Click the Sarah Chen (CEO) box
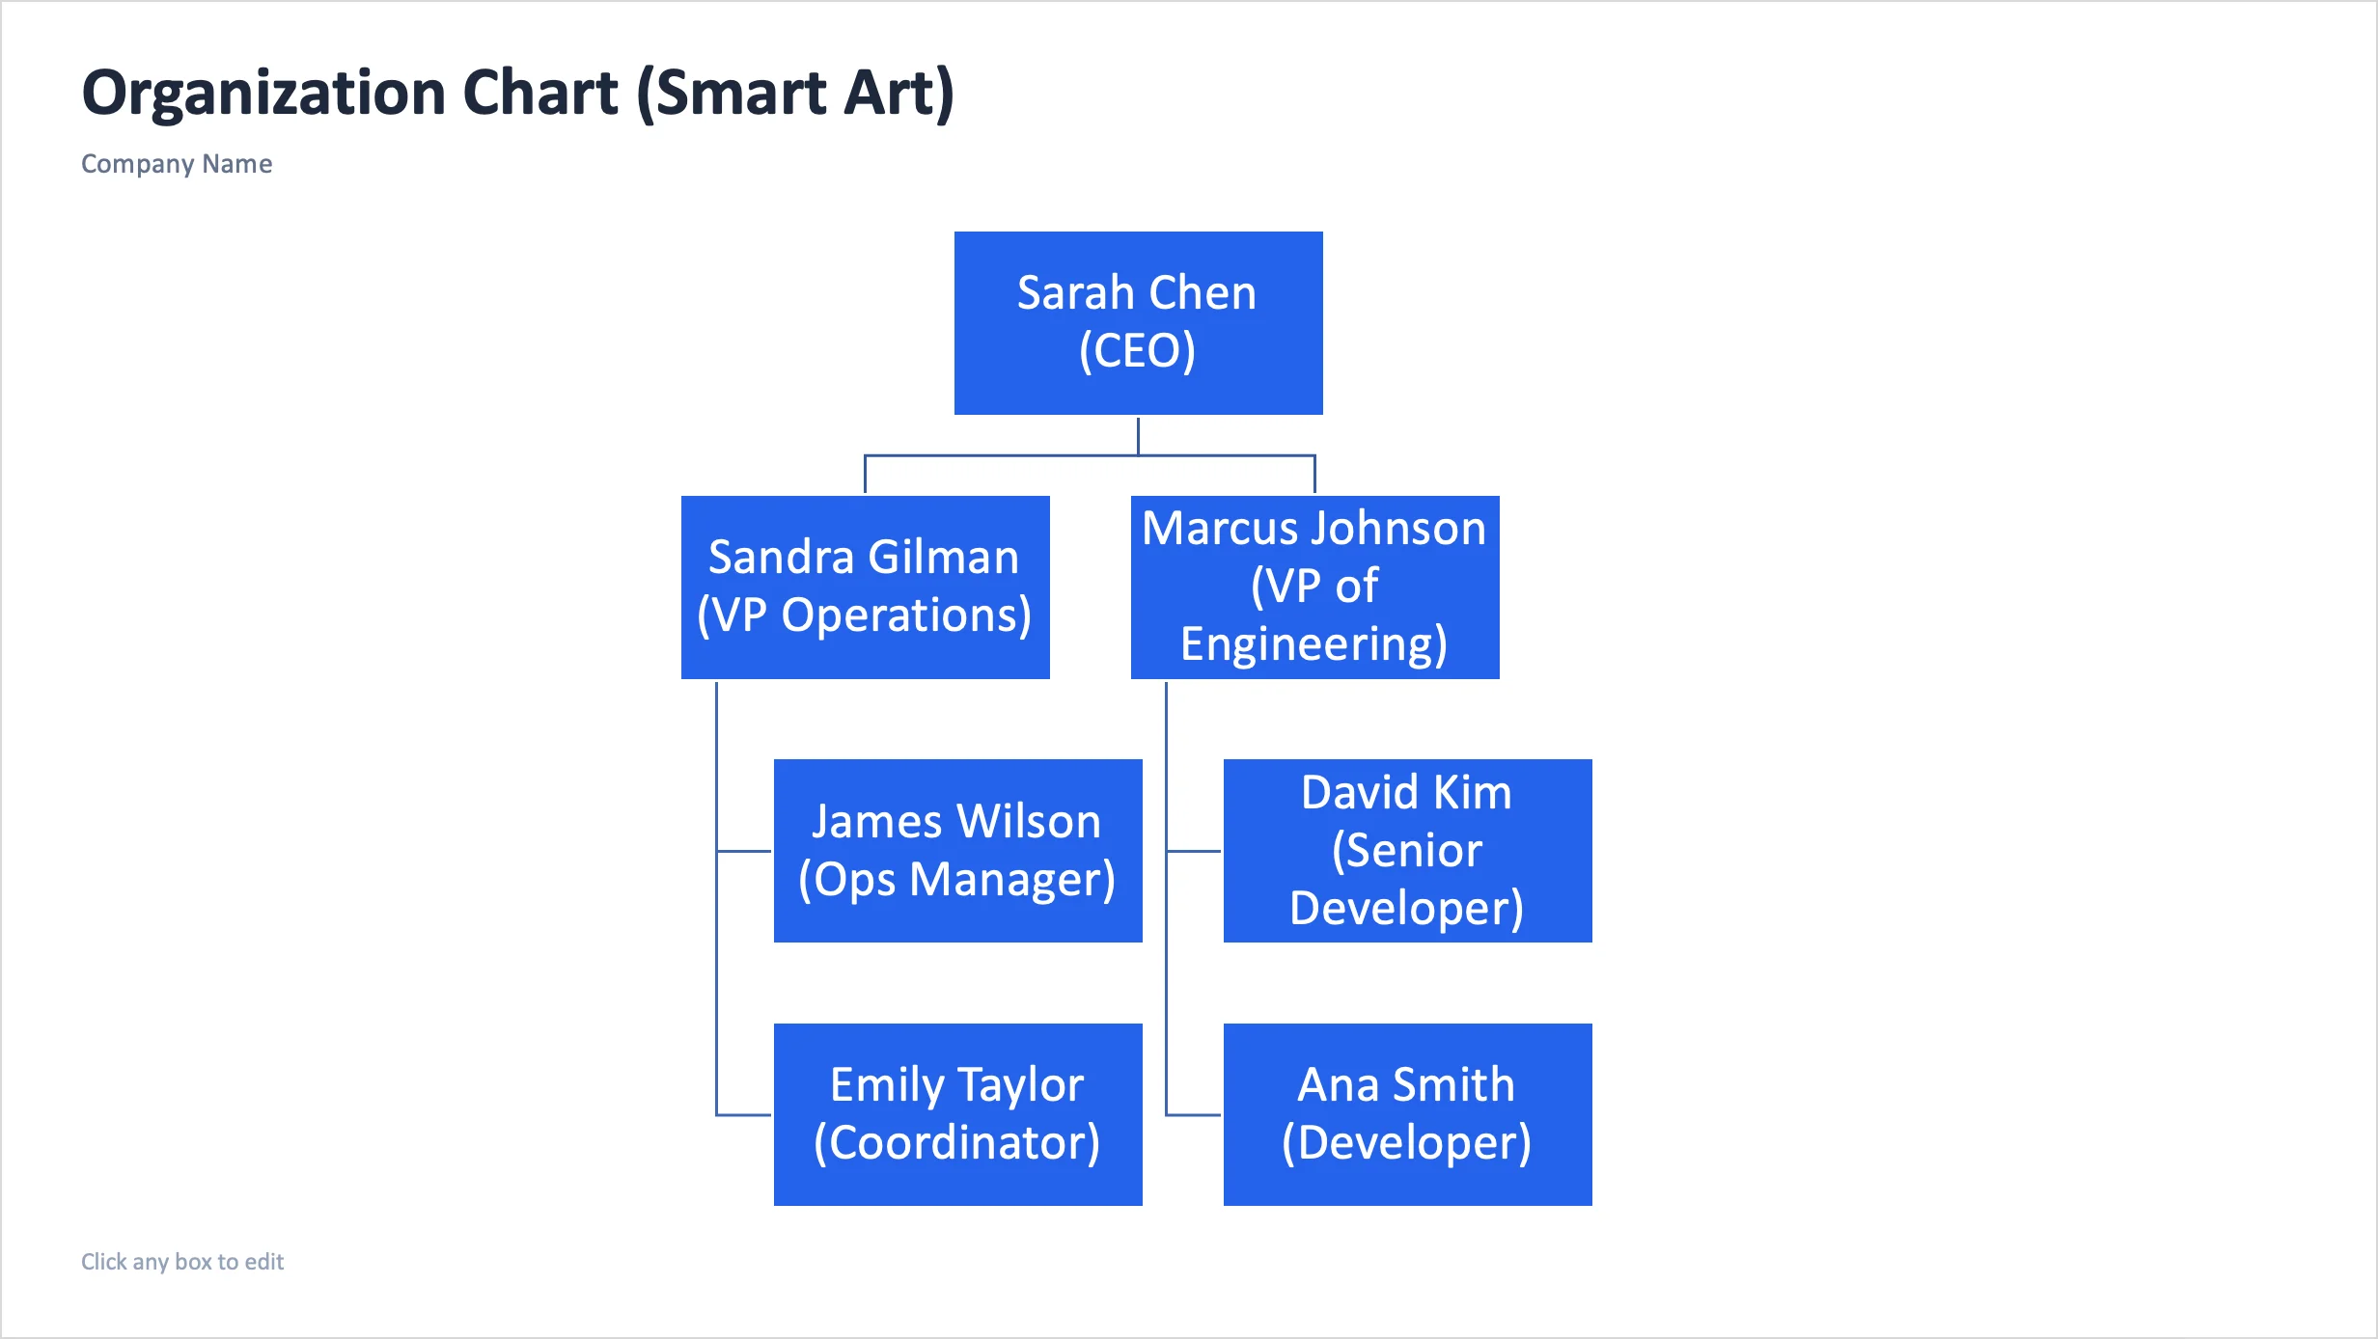coord(1138,322)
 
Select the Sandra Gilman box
coord(865,587)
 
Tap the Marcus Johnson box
coord(1314,587)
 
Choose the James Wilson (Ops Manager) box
coord(957,850)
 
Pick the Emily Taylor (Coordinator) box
coord(957,1114)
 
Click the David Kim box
coord(1407,850)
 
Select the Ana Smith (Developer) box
coord(1407,1114)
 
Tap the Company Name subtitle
coord(177,164)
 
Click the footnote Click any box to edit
coord(182,1262)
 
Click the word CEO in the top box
coord(1138,350)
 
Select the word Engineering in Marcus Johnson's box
coord(1313,644)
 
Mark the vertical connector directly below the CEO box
coord(1138,435)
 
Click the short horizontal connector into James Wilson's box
coord(744,851)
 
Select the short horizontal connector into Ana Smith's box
coord(1194,1115)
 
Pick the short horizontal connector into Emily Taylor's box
coord(744,1115)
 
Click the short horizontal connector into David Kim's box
coord(1194,851)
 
